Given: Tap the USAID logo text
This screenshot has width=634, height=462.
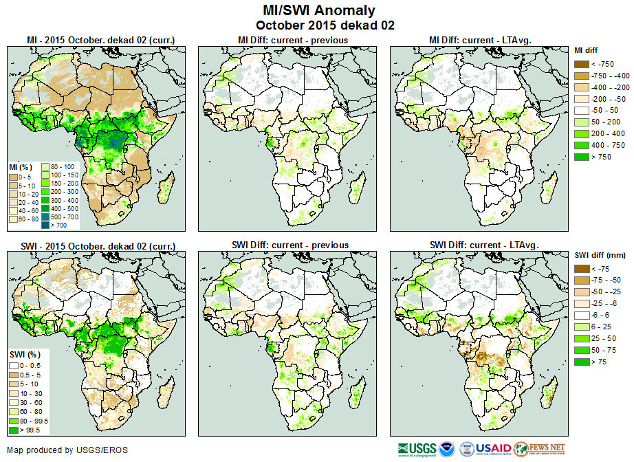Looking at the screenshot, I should pos(493,449).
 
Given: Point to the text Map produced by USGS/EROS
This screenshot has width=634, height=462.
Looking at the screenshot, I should pos(67,450).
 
